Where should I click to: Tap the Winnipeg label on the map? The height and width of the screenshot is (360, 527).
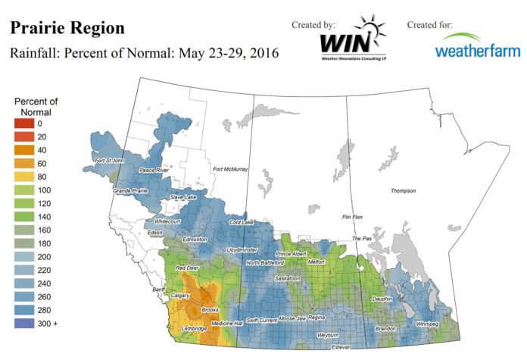429,324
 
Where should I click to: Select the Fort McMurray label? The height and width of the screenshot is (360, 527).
230,169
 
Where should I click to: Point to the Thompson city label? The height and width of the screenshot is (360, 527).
404,191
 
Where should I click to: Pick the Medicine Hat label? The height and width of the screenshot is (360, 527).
226,324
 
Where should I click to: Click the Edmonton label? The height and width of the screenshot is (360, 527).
195,239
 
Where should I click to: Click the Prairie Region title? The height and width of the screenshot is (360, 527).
66,28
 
